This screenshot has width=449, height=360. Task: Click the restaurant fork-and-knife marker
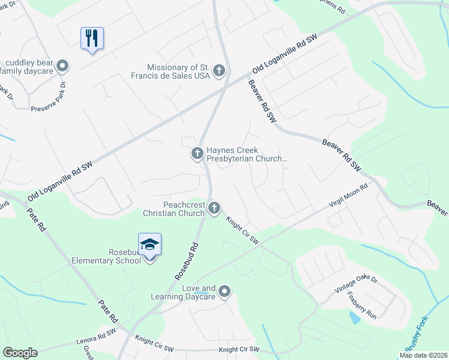pyautogui.click(x=92, y=38)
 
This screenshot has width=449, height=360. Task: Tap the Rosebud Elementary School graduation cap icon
pyautogui.click(x=149, y=245)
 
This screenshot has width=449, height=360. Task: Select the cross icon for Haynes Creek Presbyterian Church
pyautogui.click(x=197, y=154)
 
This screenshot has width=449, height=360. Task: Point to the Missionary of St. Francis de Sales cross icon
pyautogui.click(x=219, y=71)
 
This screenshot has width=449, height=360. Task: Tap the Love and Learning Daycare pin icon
pyautogui.click(x=225, y=292)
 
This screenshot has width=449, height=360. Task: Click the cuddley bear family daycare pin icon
pyautogui.click(x=62, y=66)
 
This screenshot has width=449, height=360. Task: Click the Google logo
pyautogui.click(x=20, y=352)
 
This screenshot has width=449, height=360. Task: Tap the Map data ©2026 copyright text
pyautogui.click(x=423, y=355)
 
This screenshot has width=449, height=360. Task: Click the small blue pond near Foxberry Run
pyautogui.click(x=355, y=317)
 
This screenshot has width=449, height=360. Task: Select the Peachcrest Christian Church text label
pyautogui.click(x=174, y=209)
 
